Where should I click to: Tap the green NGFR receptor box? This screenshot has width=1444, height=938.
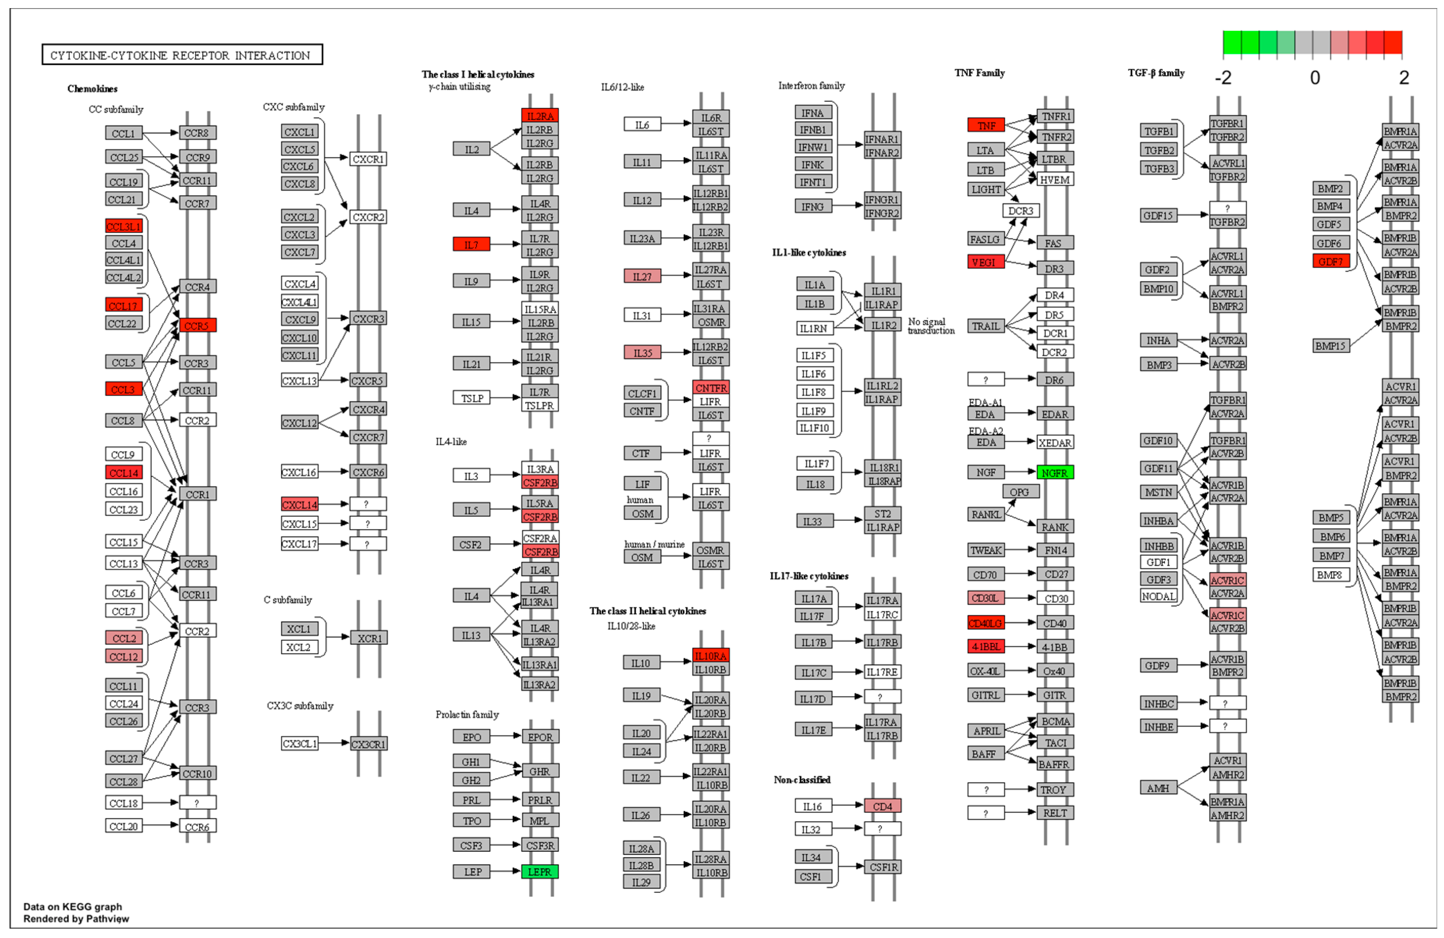click(x=1054, y=473)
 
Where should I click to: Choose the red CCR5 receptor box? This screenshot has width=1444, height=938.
click(x=197, y=326)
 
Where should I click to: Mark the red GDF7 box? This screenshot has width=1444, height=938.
click(x=1330, y=261)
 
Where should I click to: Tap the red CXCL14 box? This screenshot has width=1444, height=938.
click(x=300, y=504)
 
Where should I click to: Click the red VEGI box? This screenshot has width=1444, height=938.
click(x=985, y=262)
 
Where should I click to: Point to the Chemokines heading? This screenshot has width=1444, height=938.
click(x=92, y=89)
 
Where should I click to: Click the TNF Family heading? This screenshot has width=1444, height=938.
click(x=979, y=73)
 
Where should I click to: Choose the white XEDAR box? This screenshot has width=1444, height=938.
click(x=1054, y=443)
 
